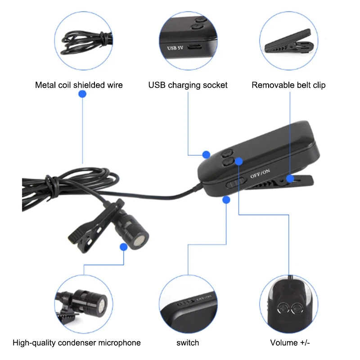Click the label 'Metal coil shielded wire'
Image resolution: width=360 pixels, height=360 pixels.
[79, 85]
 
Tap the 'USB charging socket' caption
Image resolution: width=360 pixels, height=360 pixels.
[188, 85]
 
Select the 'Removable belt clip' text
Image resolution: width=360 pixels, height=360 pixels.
[288, 85]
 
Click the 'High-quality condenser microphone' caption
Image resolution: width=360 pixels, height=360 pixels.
[76, 343]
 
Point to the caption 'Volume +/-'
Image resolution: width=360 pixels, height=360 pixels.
[290, 343]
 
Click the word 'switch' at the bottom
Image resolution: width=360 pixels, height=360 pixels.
[188, 343]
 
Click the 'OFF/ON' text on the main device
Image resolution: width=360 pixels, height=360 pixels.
[261, 173]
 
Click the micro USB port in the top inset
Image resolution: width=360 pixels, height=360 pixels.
[195, 46]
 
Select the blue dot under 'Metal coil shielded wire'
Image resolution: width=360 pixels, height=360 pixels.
[82, 94]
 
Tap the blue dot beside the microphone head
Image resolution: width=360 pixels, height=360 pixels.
[124, 247]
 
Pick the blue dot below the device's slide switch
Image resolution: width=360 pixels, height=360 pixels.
[226, 199]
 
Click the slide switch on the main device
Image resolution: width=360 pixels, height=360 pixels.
[235, 183]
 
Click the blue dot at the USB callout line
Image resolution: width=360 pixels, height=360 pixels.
[206, 154]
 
